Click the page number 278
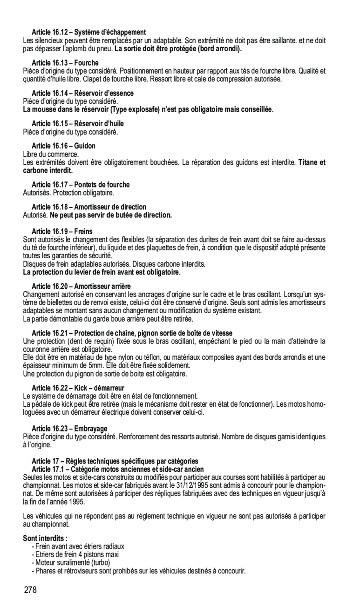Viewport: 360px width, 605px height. coord(30,591)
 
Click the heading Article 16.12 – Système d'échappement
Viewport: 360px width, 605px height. coord(89,32)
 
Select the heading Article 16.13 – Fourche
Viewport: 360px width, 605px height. coord(65,63)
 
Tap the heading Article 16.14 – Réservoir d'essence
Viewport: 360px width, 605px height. coord(82,93)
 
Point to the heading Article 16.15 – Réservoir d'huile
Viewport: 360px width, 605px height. coord(78,123)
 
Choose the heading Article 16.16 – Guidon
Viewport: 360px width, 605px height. coord(63,146)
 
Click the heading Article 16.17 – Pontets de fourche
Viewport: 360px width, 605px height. coord(81,185)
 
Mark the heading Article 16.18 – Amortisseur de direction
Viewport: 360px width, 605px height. coord(89,207)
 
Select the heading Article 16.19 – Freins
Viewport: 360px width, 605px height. coord(62,231)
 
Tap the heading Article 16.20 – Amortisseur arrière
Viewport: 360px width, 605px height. coord(81,286)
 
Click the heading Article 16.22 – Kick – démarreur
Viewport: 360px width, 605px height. coord(78,388)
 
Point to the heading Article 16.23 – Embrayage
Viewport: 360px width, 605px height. coord(69,428)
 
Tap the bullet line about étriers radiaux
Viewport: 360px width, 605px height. coord(78,546)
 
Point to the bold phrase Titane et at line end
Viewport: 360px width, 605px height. coord(312,162)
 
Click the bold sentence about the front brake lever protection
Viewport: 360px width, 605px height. coord(101,272)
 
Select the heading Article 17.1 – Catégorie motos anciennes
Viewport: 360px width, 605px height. coord(117,469)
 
